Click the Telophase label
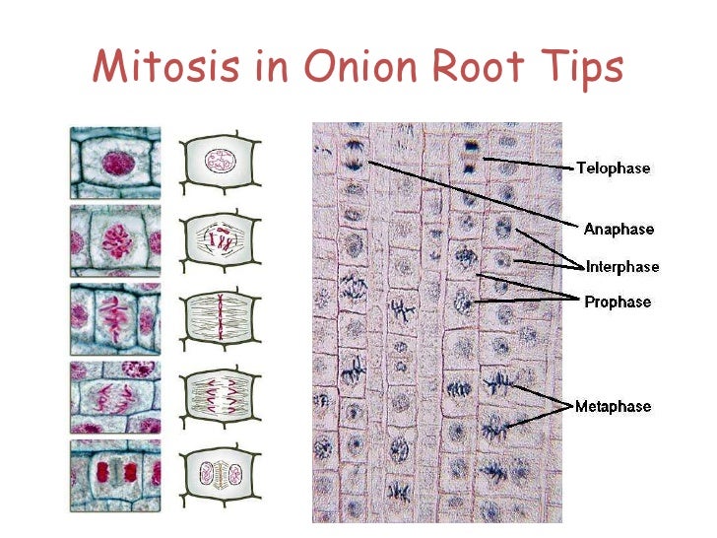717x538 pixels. pos(613,168)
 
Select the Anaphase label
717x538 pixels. pos(619,230)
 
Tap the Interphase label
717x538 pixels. pos(622,266)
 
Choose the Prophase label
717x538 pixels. pos(618,302)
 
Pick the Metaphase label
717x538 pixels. pos(614,406)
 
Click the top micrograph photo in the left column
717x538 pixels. pos(115,162)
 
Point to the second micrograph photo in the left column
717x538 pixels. pos(115,239)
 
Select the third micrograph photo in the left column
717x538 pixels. pos(115,317)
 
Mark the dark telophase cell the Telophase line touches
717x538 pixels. pos(471,157)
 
